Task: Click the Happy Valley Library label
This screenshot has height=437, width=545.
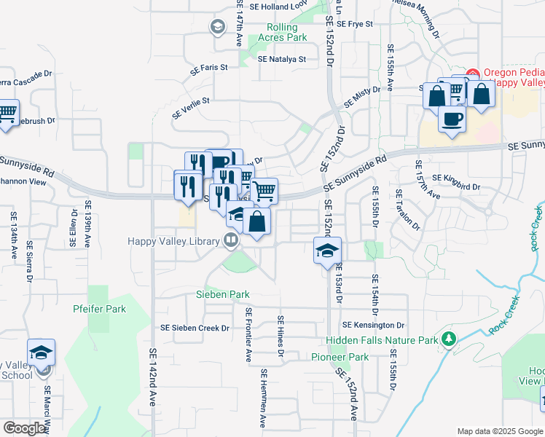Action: (x=173, y=241)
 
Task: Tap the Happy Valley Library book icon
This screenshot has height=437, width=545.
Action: (x=231, y=239)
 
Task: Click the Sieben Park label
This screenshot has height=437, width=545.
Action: (x=223, y=294)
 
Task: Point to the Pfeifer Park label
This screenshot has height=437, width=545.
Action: (x=100, y=309)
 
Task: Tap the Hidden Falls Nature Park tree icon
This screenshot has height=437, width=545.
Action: (x=450, y=339)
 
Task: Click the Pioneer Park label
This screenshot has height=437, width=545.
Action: (x=340, y=357)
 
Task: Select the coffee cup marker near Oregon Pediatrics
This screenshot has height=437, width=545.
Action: (x=452, y=119)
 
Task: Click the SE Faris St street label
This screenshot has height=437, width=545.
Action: (x=209, y=68)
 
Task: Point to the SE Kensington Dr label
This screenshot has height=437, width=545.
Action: (x=373, y=324)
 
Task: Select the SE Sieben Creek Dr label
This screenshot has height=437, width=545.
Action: (x=200, y=328)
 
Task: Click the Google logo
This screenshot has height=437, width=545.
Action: (x=25, y=428)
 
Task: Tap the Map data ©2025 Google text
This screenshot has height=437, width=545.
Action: (x=500, y=431)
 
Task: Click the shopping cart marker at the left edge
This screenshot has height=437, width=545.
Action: (x=7, y=114)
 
